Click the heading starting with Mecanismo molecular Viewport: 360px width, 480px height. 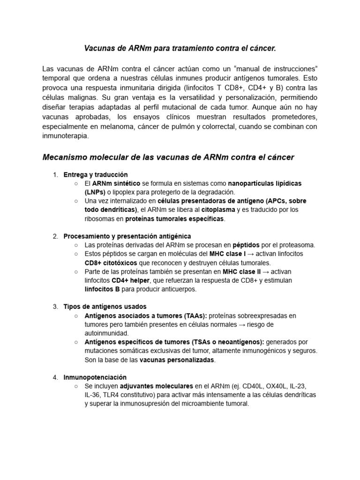168,157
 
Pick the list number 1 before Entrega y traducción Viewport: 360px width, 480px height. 55,175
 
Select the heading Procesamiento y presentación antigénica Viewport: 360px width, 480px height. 127,236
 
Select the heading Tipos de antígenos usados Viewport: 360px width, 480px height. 105,307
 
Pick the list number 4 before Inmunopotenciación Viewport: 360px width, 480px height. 55,377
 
